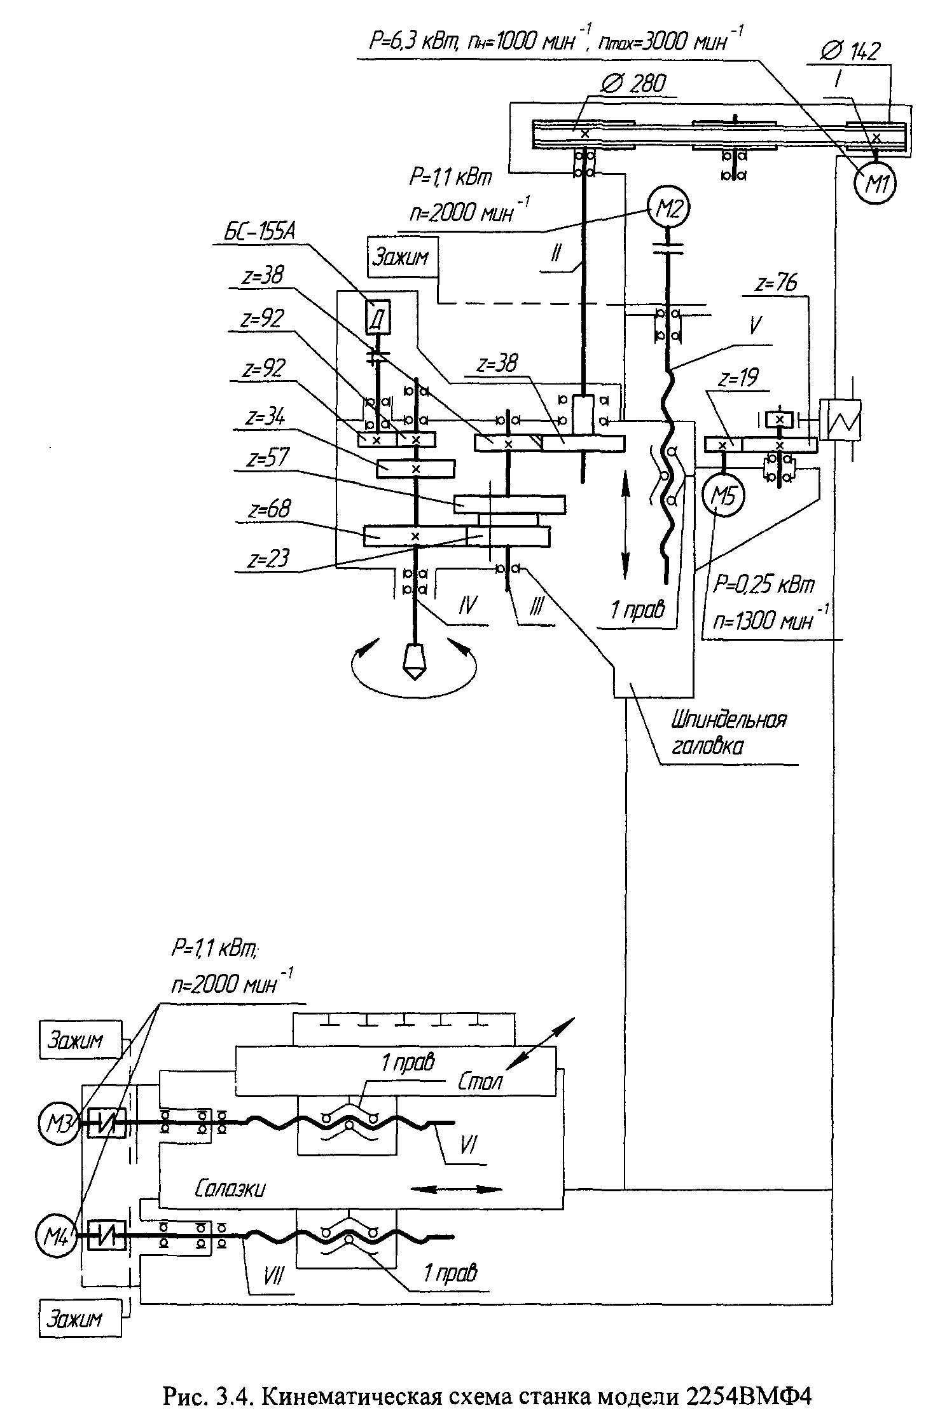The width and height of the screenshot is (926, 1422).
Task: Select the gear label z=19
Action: click(x=740, y=379)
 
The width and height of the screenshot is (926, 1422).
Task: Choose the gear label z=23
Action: click(x=269, y=558)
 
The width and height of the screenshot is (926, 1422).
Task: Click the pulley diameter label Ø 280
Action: click(x=633, y=83)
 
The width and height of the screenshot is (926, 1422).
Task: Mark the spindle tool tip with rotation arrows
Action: click(x=413, y=662)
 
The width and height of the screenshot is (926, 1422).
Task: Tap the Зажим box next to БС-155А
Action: click(x=401, y=257)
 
